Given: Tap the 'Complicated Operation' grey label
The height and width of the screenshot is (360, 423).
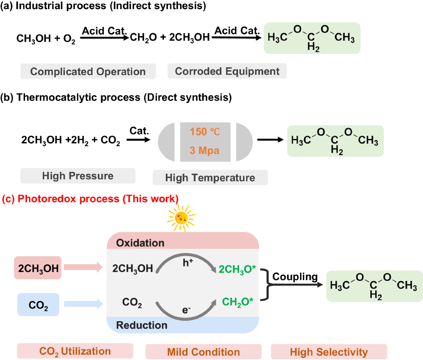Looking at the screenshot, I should click(x=88, y=72).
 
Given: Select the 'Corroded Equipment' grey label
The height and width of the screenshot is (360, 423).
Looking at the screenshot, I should click(x=227, y=71).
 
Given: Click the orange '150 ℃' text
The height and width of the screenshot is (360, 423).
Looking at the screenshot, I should click(x=205, y=132).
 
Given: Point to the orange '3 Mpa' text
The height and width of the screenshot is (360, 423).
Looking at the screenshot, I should click(x=204, y=150).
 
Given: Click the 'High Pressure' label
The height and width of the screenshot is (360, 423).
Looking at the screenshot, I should click(x=78, y=176).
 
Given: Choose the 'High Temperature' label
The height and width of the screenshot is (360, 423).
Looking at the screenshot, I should click(x=210, y=178).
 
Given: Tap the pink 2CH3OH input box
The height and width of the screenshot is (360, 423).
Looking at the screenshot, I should click(x=38, y=268).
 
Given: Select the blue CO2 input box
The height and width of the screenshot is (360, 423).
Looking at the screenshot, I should click(x=38, y=305).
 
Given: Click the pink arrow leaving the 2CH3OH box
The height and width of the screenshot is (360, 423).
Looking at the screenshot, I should click(x=83, y=267).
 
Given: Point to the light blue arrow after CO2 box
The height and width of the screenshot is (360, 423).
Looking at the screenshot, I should click(x=83, y=303).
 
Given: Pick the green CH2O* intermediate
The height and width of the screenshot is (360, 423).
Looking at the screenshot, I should click(x=238, y=302).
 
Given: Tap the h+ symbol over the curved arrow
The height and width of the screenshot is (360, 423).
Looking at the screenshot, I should click(x=188, y=262).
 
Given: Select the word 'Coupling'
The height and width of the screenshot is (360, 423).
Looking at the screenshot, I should click(x=295, y=277).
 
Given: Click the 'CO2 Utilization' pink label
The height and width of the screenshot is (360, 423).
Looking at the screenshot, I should click(x=75, y=351).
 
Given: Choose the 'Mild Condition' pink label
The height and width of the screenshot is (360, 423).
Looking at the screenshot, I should click(x=203, y=352).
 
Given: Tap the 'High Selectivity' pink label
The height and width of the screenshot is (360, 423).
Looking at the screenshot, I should click(x=329, y=352).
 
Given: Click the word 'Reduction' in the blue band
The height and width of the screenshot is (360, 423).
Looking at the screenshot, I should click(x=142, y=325).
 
